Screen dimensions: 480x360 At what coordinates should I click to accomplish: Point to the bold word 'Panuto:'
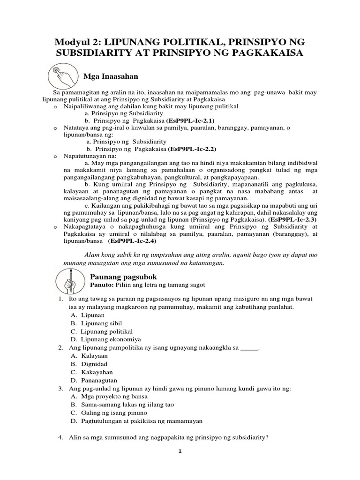tap(102, 285)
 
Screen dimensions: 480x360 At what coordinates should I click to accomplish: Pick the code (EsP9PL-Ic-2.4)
tap(132, 241)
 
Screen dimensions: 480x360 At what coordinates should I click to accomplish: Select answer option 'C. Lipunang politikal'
tap(101, 331)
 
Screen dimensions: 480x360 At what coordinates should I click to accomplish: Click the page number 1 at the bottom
tap(180, 452)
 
